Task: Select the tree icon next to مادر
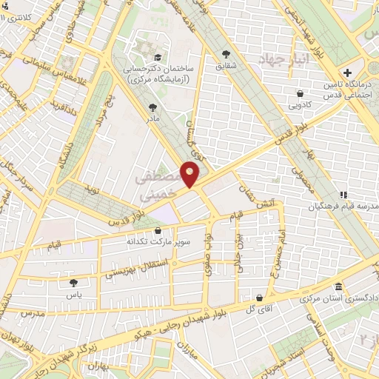click(x=153, y=107)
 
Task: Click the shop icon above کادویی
click(x=299, y=94)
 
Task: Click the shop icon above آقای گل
click(x=258, y=297)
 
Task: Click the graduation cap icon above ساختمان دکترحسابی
click(x=157, y=56)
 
